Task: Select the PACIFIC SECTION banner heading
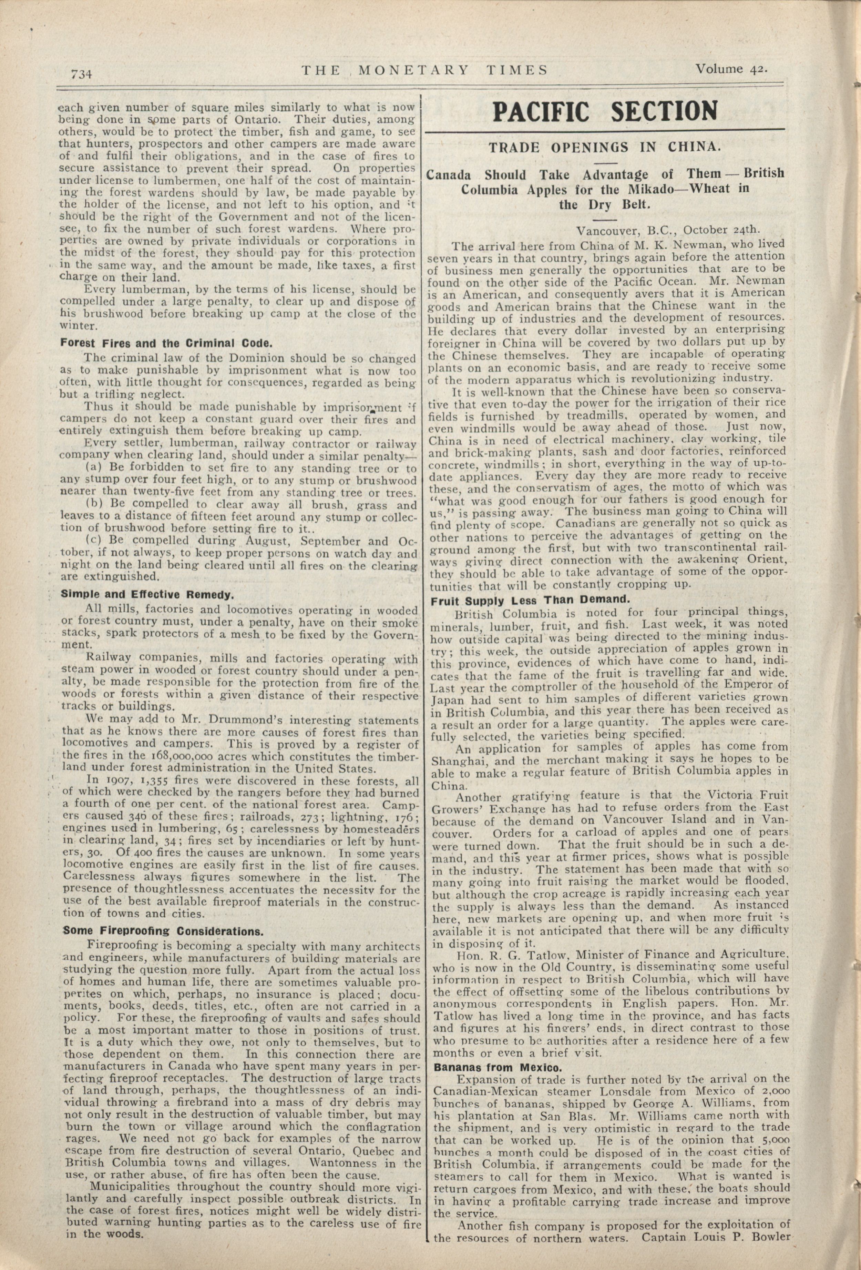tap(605, 111)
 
